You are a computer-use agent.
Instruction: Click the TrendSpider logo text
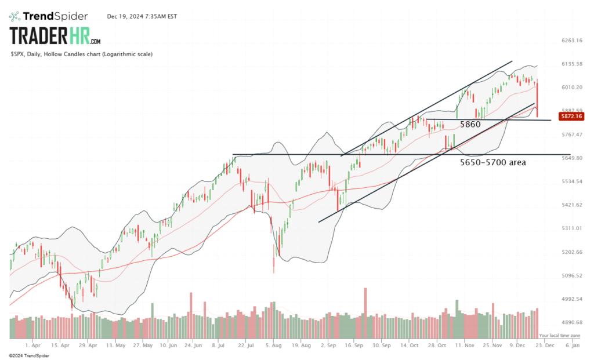pyautogui.click(x=59, y=16)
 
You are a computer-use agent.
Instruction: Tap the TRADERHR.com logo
pyautogui.click(x=56, y=37)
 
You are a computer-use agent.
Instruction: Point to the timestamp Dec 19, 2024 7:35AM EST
pyautogui.click(x=142, y=16)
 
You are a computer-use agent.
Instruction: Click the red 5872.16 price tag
pyautogui.click(x=571, y=117)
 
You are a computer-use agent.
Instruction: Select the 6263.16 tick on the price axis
pyautogui.click(x=571, y=41)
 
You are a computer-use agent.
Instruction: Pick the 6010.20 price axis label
pyautogui.click(x=571, y=88)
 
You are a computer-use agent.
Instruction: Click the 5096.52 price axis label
pyautogui.click(x=571, y=276)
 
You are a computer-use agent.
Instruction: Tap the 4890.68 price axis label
pyautogui.click(x=571, y=323)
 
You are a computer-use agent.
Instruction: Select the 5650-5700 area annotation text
pyautogui.click(x=493, y=163)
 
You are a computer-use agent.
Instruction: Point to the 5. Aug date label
pyautogui.click(x=273, y=344)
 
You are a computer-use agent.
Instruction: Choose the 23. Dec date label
pyautogui.click(x=544, y=344)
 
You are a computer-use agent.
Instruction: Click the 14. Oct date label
pyautogui.click(x=409, y=344)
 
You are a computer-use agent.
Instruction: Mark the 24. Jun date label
pyautogui.click(x=192, y=344)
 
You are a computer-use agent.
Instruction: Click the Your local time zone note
pyautogui.click(x=559, y=336)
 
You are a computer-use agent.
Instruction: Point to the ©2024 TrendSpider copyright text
pyautogui.click(x=27, y=354)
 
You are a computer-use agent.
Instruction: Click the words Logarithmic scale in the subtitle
pyautogui.click(x=128, y=54)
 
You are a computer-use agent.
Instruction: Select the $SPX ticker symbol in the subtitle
pyautogui.click(x=17, y=54)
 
